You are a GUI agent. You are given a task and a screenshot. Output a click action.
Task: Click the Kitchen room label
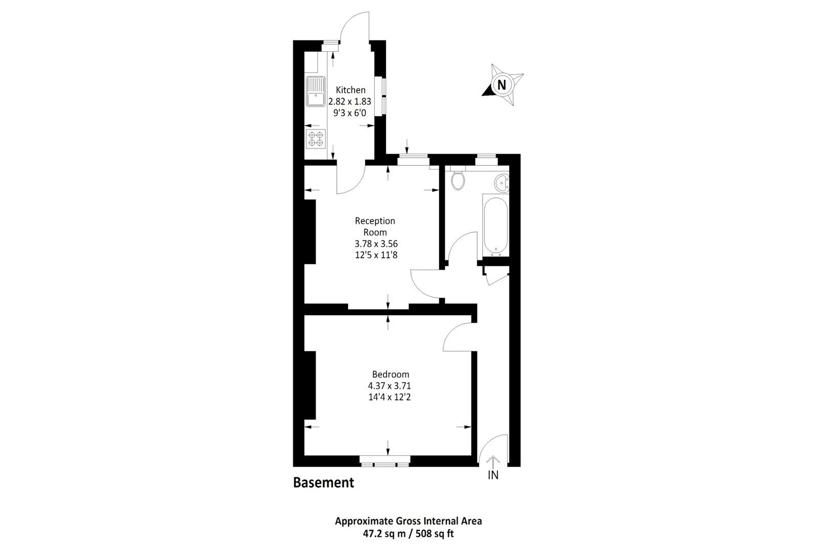pyautogui.click(x=350, y=90)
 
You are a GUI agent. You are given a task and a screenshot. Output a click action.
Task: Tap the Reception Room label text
pyautogui.click(x=375, y=226)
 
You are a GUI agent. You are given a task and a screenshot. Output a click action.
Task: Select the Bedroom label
pyautogui.click(x=391, y=374)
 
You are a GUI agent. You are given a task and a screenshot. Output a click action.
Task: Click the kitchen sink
pyautogui.click(x=316, y=92)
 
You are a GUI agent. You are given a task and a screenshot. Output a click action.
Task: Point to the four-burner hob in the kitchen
pyautogui.click(x=315, y=139)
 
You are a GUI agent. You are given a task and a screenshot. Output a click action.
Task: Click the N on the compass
pyautogui.click(x=502, y=85)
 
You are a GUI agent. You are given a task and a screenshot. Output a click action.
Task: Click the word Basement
pyautogui.click(x=324, y=483)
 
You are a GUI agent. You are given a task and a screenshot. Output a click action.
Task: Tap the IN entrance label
pyautogui.click(x=493, y=475)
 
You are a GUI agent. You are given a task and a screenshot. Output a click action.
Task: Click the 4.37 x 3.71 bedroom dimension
pyautogui.click(x=391, y=385)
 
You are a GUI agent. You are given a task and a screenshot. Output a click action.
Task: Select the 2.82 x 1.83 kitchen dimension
pyautogui.click(x=350, y=101)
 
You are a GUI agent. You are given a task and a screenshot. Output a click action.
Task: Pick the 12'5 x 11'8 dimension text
pyautogui.click(x=376, y=255)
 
